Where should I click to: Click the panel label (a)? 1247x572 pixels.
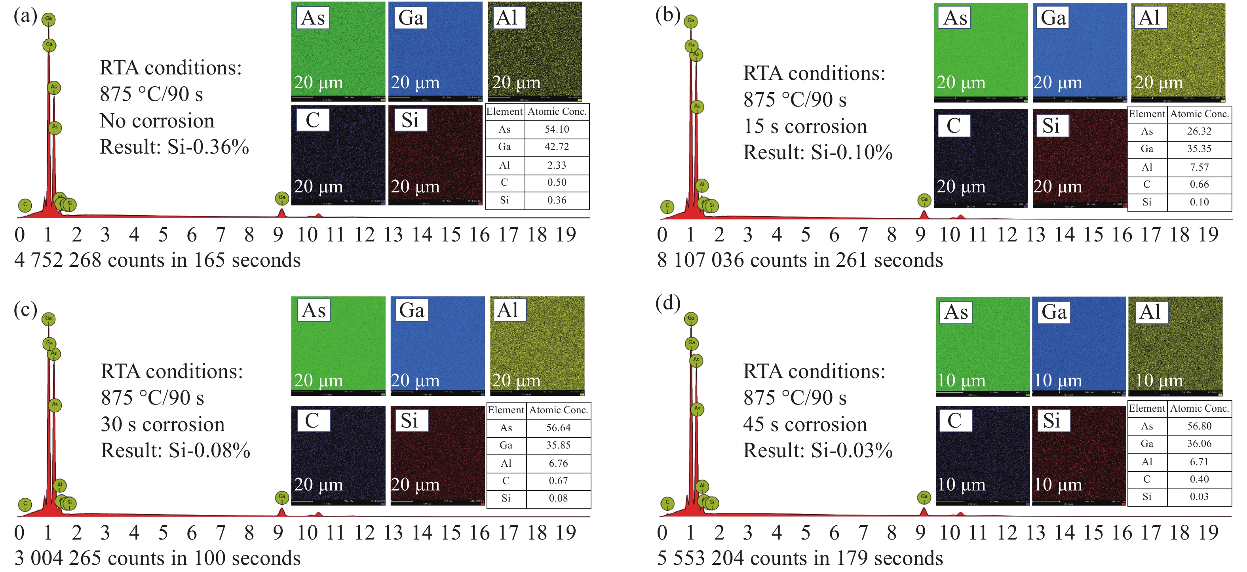tap(25, 15)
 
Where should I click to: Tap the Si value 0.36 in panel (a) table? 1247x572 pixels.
tap(557, 200)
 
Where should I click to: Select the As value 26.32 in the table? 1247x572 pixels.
tap(1199, 131)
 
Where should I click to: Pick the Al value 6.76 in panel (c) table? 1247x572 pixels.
tap(558, 463)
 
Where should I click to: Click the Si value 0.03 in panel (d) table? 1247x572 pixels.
tap(1199, 496)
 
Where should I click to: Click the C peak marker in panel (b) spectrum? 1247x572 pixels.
tap(667, 207)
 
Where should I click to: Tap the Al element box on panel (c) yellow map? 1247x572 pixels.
tap(508, 310)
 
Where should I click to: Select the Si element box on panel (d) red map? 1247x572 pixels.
tap(1051, 420)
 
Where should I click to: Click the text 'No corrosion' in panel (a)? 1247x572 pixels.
tap(157, 120)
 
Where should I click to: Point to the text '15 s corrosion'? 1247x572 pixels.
tap(805, 126)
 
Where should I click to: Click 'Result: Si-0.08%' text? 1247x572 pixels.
tap(175, 450)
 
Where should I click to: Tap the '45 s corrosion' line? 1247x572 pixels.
tap(805, 424)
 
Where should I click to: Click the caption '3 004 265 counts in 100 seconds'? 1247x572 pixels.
tap(157, 559)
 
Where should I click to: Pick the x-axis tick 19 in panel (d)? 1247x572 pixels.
tap(1208, 533)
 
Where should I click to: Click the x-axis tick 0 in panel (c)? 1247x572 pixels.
tap(19, 533)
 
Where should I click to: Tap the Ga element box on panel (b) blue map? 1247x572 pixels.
tap(1053, 18)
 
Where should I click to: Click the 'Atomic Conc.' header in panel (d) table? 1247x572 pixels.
tap(1199, 409)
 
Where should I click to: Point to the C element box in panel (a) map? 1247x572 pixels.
tap(313, 120)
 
